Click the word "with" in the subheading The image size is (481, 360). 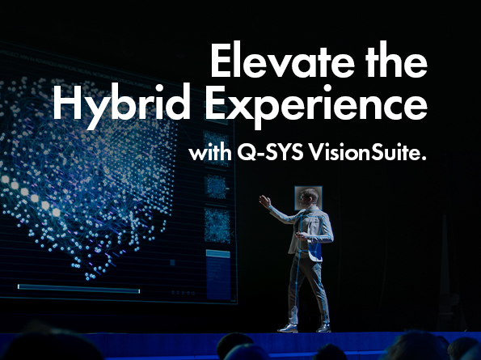tap(205, 154)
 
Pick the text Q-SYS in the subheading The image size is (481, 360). tap(267, 154)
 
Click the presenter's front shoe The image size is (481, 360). tap(288, 328)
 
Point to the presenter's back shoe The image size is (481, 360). tap(323, 328)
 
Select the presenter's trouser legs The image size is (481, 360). tap(306, 287)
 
